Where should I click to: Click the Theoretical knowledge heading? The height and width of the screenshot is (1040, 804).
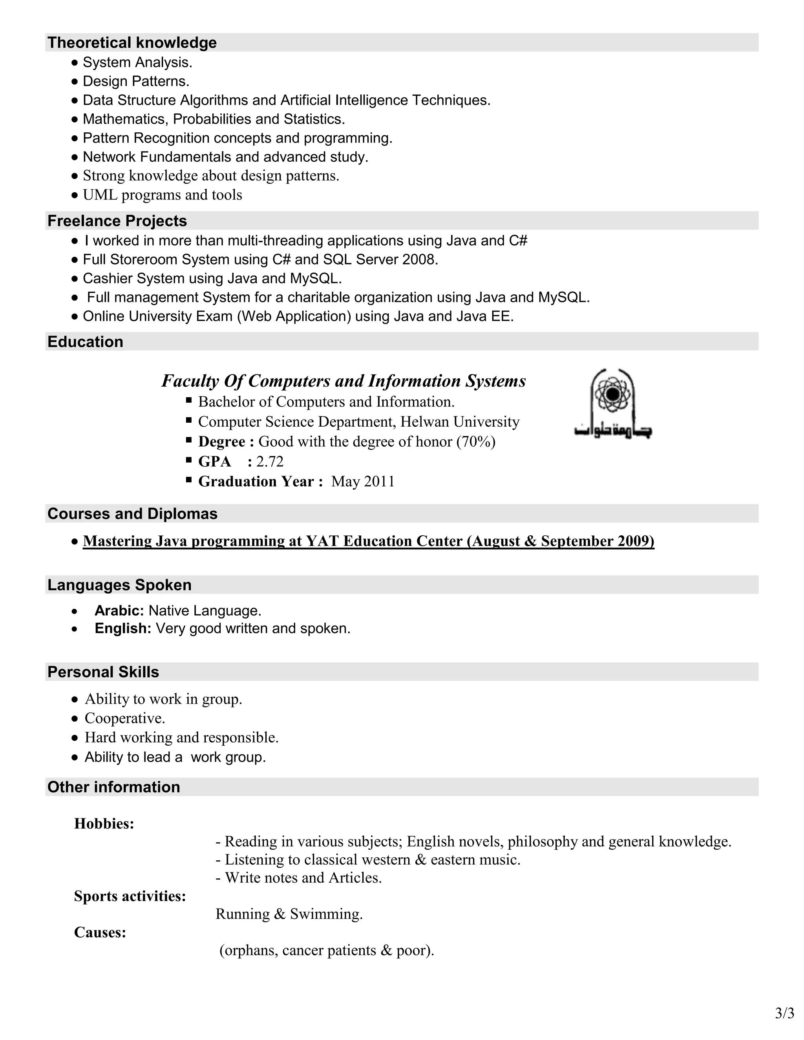132,43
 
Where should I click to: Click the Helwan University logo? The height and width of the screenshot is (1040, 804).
612,403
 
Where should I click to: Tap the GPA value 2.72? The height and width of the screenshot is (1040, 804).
270,462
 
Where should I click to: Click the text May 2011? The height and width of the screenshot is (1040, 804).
363,482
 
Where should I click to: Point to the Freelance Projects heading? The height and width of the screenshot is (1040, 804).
117,221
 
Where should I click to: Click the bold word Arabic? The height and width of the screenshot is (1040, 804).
119,611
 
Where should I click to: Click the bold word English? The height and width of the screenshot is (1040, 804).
123,629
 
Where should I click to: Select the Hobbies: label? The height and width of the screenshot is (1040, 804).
104,824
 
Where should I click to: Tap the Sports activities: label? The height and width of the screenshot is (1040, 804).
130,896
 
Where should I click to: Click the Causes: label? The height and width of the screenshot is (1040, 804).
100,932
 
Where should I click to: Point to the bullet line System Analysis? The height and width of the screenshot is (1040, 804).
137,62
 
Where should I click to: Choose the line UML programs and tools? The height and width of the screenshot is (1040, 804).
162,195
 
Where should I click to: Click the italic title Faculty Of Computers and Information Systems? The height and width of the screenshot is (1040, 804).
344,381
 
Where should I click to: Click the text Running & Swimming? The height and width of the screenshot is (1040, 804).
289,914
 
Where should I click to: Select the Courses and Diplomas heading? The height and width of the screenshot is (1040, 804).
132,514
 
